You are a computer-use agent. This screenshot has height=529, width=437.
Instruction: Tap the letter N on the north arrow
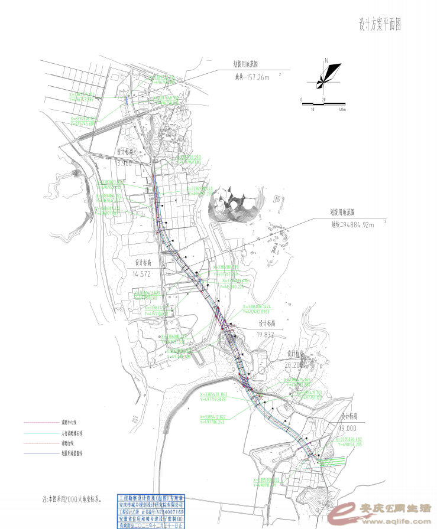point(326,60)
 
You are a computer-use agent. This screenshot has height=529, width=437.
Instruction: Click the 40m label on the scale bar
point(342,110)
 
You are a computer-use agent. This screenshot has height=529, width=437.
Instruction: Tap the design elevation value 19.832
point(266,334)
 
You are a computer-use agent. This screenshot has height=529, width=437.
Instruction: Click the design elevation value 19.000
point(348,428)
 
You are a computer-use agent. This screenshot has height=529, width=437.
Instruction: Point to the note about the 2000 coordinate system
point(72,498)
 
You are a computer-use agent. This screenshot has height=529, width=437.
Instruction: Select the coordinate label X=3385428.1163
point(222,394)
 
